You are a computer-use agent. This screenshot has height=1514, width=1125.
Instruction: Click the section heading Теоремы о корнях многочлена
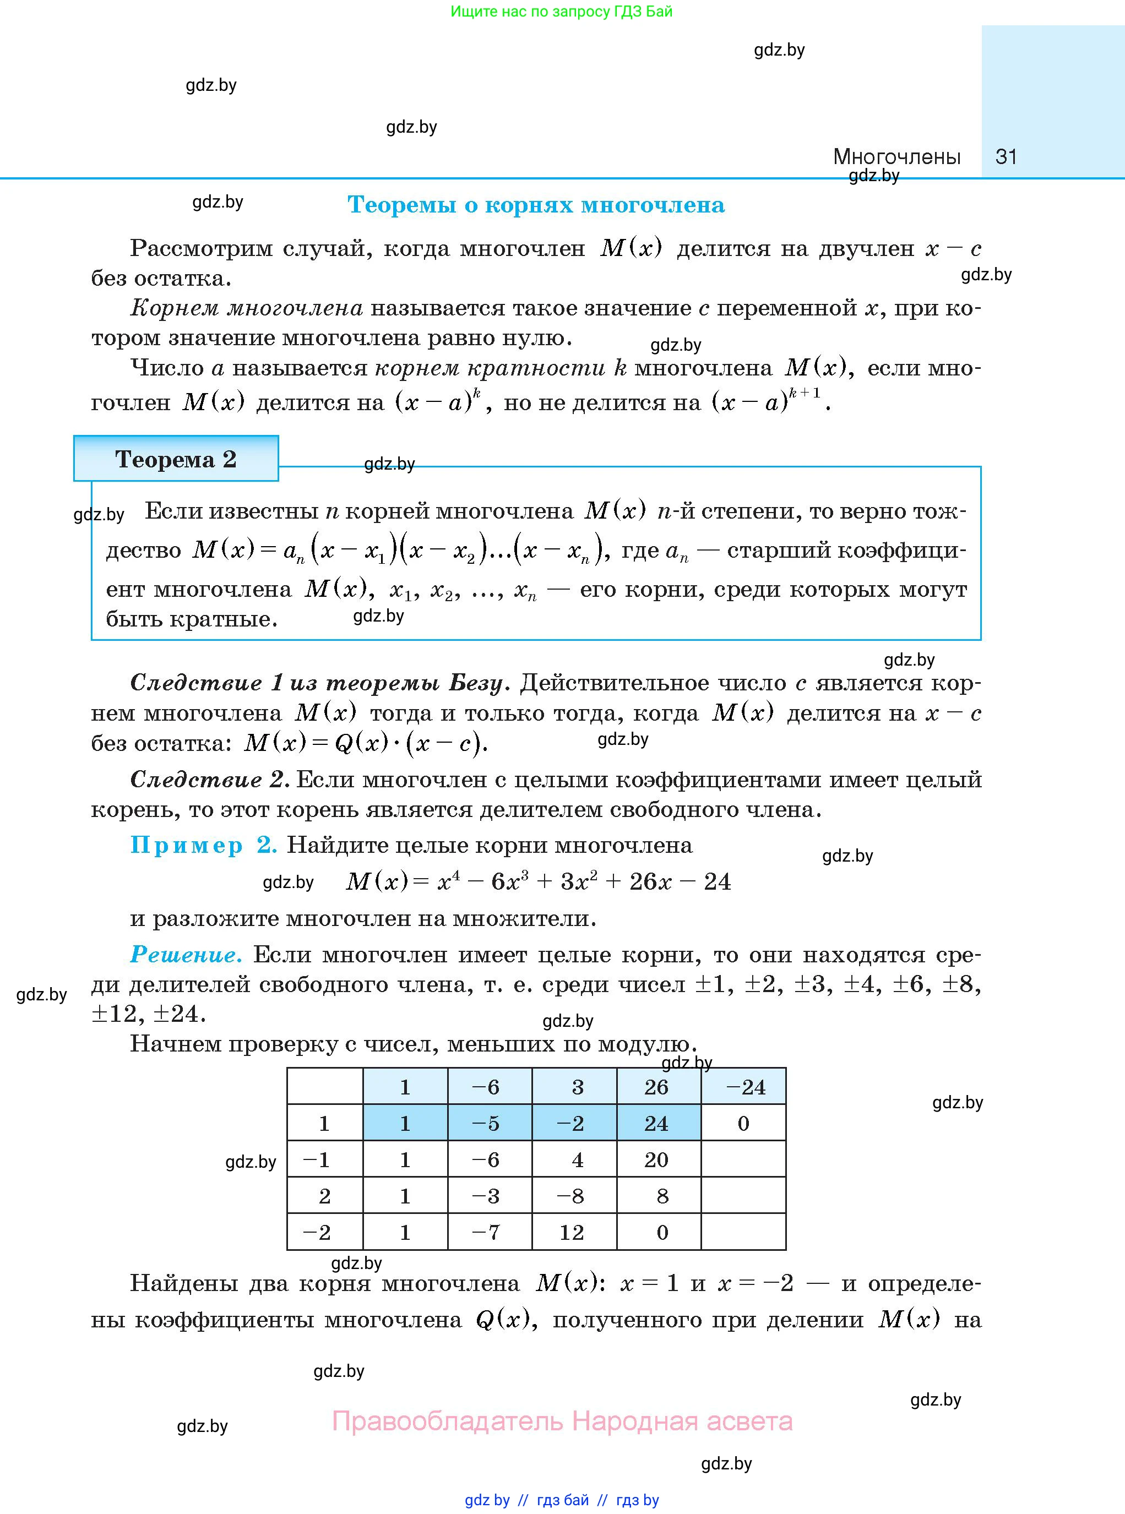536,205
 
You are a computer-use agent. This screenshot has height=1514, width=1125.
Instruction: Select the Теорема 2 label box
176,459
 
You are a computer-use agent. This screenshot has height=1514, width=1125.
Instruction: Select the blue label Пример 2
204,845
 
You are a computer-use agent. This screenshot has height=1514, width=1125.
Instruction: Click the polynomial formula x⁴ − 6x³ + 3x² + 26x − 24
538,881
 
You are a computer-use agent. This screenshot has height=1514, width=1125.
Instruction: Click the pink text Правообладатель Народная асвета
562,1422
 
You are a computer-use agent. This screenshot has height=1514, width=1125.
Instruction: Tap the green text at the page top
561,12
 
